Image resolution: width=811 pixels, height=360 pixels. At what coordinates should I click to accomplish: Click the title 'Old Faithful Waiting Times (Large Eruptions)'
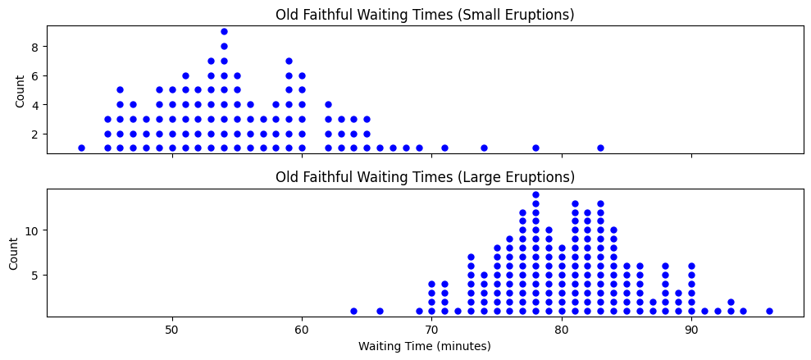pos(425,177)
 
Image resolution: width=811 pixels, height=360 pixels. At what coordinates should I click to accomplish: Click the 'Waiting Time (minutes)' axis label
pos(425,346)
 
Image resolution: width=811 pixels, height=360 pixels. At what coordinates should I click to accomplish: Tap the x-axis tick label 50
pos(172,329)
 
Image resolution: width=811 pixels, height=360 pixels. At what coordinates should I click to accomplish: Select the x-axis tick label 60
pos(302,329)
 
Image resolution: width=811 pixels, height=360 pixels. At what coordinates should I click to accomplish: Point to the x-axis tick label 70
pos(431,329)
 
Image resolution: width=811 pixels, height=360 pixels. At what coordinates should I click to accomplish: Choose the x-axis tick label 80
pos(561,329)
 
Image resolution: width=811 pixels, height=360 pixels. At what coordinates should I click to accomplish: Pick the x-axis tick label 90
pos(691,329)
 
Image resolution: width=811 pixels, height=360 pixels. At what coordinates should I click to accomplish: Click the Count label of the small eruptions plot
pos(20,89)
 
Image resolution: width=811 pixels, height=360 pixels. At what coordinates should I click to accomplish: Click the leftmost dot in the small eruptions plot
pos(81,148)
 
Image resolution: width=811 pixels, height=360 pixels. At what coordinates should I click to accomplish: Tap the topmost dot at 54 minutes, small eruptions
pos(224,31)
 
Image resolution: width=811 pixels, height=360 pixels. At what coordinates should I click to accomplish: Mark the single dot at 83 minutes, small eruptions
pos(600,148)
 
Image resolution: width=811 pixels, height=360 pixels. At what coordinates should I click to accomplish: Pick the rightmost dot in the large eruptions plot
pos(769,311)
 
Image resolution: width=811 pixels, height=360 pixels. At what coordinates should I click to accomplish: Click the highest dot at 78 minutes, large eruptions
pos(535,194)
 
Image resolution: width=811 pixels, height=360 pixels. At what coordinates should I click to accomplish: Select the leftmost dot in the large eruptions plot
pos(353,311)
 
